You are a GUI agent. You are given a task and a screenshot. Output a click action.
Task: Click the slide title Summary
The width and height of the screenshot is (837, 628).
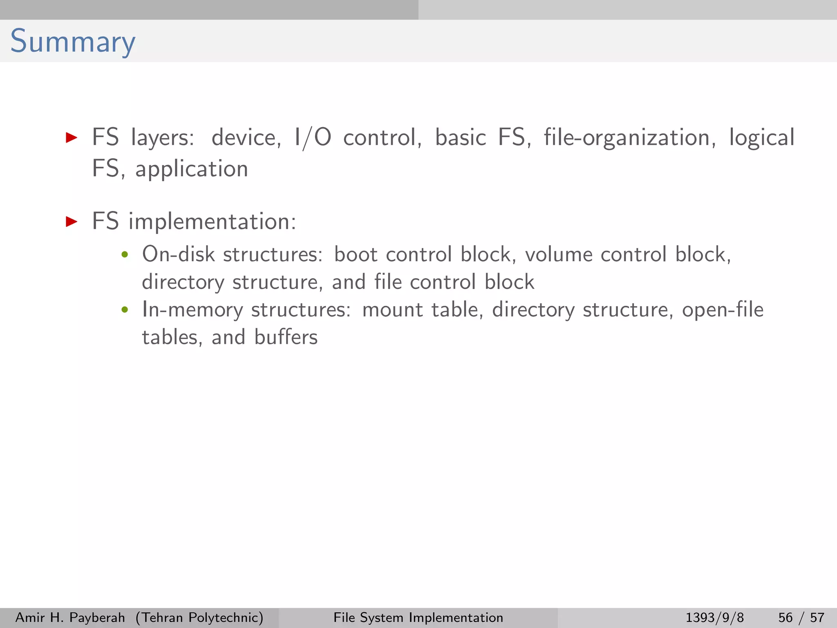pos(72,42)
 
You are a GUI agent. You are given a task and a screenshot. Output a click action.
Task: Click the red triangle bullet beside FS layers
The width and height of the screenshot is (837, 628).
pos(72,138)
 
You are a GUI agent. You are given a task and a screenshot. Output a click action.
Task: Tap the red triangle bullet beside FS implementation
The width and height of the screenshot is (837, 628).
pos(72,222)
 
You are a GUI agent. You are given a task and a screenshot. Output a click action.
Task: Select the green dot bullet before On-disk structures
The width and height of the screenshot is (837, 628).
pos(125,255)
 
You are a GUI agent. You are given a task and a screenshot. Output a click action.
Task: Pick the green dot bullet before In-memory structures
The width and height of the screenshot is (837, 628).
pos(125,310)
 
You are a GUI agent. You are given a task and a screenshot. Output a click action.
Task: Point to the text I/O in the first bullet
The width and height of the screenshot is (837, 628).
pos(313,137)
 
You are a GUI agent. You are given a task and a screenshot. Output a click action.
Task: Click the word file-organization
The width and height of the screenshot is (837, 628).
pos(629,138)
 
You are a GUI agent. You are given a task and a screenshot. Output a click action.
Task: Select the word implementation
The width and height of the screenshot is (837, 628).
pos(212,222)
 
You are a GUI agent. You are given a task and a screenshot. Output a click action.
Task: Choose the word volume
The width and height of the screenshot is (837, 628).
pos(558,254)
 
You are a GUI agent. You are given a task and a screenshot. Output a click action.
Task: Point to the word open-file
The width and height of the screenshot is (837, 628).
pos(723,310)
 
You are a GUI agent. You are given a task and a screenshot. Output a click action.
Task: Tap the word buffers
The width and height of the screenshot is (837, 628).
pos(286,337)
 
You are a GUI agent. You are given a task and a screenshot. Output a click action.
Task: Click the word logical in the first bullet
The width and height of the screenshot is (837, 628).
pos(762,138)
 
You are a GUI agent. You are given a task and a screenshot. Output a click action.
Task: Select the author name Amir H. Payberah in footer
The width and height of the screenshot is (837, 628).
pos(70,617)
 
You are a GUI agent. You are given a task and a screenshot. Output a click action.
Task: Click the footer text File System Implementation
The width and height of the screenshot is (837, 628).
pos(418,617)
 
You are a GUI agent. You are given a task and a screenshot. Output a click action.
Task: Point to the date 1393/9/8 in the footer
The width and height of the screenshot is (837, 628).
pos(715,617)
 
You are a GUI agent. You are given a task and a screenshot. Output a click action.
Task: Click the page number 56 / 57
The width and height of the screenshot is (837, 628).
pos(801,617)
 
